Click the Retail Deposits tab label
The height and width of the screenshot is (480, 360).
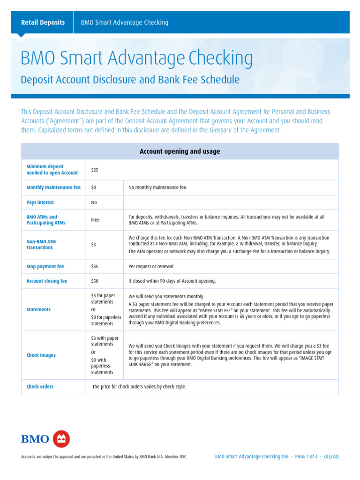[43, 22]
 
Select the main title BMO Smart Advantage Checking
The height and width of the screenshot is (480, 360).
[136, 59]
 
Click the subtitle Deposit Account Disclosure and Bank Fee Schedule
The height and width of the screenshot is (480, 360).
[130, 80]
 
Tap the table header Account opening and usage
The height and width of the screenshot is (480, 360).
[180, 151]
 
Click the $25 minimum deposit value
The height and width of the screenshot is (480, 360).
[94, 170]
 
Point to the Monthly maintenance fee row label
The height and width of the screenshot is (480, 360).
[53, 187]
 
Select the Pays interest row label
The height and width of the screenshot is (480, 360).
[40, 202]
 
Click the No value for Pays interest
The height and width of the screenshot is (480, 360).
[94, 202]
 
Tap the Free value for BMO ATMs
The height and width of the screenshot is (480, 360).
[95, 220]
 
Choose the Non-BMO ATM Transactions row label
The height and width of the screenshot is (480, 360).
[41, 245]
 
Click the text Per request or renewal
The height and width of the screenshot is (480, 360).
[151, 266]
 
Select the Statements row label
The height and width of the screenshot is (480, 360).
[38, 310]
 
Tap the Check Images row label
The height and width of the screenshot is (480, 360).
[41, 355]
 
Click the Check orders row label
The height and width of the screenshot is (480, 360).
[40, 387]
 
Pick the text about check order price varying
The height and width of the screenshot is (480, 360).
[139, 387]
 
